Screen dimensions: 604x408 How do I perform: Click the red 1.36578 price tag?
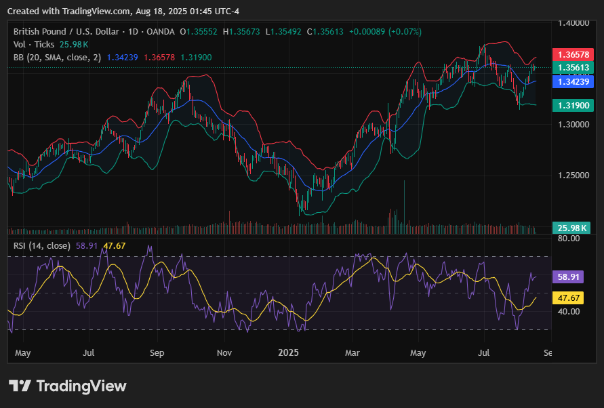coord(573,54)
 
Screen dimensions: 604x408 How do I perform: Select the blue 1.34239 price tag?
coord(573,82)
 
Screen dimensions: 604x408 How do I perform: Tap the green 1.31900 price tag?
coord(573,106)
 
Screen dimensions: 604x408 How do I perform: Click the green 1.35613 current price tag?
coord(573,67)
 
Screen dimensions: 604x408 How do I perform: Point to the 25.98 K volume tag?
coord(571,228)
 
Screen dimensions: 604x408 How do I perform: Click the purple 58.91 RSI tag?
coord(568,277)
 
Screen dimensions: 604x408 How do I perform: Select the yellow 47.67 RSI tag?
coord(568,298)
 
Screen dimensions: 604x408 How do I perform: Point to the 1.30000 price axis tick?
coord(573,125)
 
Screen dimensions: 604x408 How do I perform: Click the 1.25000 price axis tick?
coord(573,176)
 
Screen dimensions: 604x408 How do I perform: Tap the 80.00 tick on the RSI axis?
coord(569,239)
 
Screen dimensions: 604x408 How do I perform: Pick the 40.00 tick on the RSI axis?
coord(569,311)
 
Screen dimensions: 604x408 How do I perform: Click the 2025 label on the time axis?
coord(288,352)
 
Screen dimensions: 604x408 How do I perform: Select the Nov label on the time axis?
coord(224,352)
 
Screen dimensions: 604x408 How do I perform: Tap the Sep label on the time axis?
coord(157,353)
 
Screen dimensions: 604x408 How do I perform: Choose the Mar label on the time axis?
coord(352,352)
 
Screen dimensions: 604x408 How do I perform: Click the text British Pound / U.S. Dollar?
coord(66,32)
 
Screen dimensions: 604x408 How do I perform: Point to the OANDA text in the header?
coord(161,32)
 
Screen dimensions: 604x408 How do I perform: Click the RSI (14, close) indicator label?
coord(42,246)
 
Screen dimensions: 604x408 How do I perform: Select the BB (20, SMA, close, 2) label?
coord(58,58)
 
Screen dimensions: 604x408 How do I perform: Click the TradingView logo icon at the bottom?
coord(20,386)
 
